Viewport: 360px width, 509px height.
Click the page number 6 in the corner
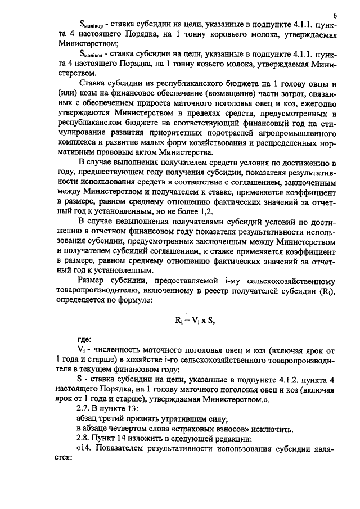click(334, 15)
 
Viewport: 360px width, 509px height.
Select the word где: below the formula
click(85, 339)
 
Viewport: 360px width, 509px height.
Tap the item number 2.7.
click(85, 408)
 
